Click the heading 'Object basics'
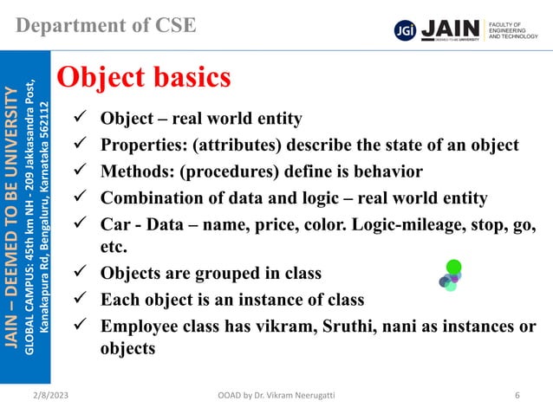(x=143, y=78)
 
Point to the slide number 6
(x=517, y=396)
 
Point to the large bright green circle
(x=453, y=265)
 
